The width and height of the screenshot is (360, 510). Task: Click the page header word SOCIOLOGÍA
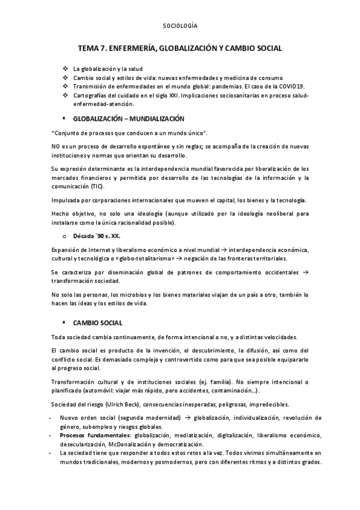coord(180,26)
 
